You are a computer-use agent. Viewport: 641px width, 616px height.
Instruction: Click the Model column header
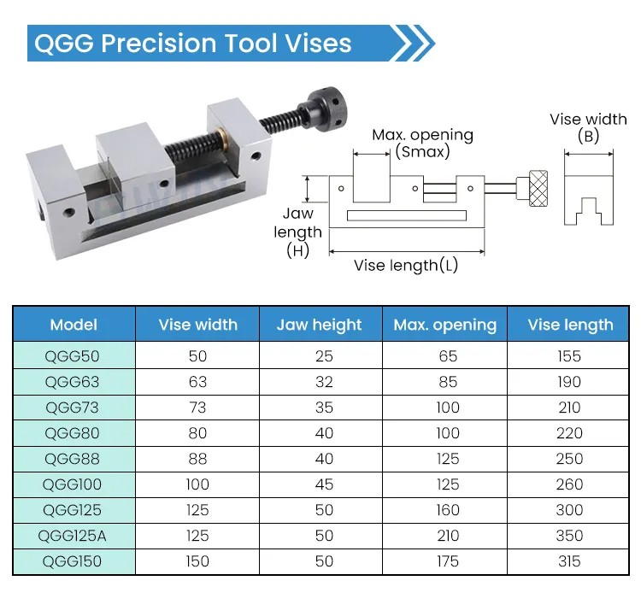[74, 325]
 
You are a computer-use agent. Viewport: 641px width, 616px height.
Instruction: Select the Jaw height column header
[320, 326]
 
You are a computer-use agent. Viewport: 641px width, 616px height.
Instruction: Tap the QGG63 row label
[72, 382]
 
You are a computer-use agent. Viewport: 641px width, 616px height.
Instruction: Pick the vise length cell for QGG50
[569, 356]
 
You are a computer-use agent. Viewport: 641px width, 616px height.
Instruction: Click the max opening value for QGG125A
[448, 536]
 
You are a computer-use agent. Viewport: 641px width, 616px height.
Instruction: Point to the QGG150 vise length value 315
[569, 561]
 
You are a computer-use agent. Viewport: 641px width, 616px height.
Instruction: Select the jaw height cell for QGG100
[324, 484]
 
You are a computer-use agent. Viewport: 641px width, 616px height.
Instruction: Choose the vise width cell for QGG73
[197, 408]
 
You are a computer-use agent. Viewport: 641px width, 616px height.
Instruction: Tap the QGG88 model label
[72, 459]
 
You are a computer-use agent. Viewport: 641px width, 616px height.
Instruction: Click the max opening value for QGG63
[448, 382]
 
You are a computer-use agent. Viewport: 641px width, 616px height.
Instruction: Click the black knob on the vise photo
[327, 106]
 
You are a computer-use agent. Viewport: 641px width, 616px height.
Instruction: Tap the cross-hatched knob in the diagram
[538, 188]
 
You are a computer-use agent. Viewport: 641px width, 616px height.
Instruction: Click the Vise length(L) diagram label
[405, 266]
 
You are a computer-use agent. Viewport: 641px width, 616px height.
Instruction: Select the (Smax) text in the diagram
[422, 151]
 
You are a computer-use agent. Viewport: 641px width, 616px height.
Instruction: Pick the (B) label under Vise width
[588, 136]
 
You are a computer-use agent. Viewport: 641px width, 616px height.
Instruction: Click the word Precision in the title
[159, 44]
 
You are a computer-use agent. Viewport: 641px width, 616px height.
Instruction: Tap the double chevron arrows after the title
[413, 44]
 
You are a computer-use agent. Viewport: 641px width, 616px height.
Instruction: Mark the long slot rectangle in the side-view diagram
[407, 215]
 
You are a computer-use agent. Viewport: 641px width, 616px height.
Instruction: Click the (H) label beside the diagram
[297, 250]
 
